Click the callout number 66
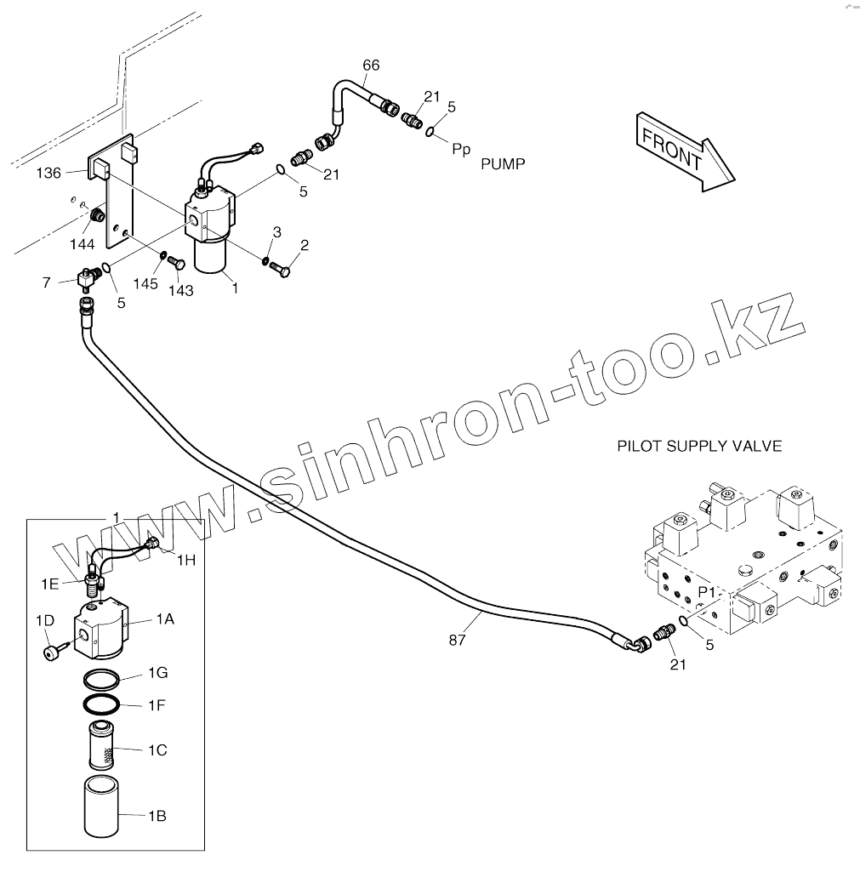(371, 66)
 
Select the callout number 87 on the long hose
(458, 640)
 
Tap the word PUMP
(503, 163)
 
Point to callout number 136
(48, 173)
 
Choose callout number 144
(82, 244)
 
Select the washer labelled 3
(265, 260)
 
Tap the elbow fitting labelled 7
(86, 276)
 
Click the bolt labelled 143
(175, 262)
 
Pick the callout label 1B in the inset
(157, 816)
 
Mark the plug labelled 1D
(53, 651)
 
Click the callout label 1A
(164, 620)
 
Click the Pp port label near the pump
(461, 149)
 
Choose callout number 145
(145, 282)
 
